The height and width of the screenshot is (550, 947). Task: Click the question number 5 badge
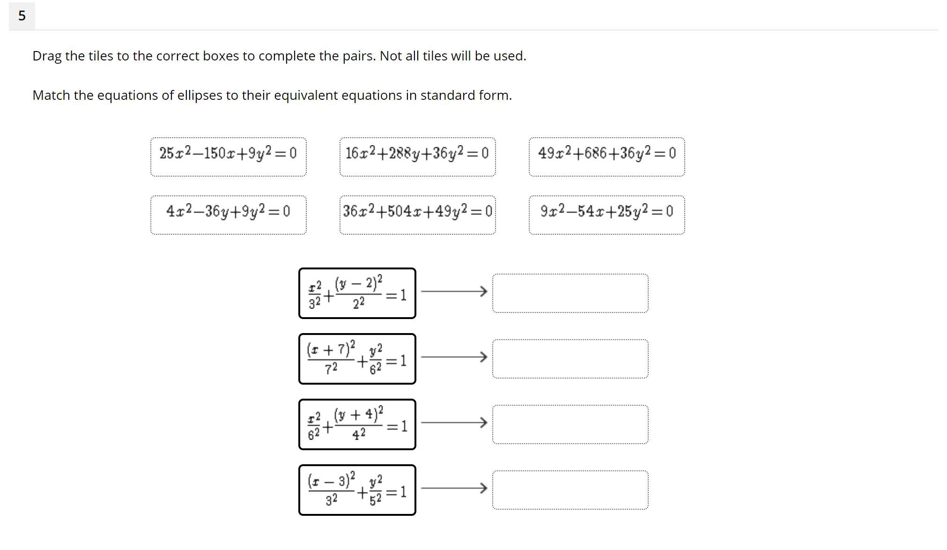[22, 15]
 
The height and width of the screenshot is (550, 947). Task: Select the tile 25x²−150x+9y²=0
[229, 157]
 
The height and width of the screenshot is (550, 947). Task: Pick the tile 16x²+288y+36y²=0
[418, 157]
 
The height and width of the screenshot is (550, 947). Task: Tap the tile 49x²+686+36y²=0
[607, 157]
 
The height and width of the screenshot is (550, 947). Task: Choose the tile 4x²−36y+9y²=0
[229, 215]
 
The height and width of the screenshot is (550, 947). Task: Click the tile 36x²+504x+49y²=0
[418, 215]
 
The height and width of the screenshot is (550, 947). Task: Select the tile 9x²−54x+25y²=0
[607, 215]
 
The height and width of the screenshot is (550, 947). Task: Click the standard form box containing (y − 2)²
[357, 293]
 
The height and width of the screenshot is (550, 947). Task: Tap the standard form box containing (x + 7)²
[357, 359]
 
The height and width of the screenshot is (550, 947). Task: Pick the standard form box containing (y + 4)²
[357, 424]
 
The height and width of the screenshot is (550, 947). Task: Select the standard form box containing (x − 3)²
[357, 490]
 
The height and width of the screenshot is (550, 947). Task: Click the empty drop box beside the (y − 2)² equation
[570, 293]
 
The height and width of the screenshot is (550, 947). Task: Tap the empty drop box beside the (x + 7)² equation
[570, 359]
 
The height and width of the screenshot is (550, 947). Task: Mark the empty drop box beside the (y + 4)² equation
[570, 424]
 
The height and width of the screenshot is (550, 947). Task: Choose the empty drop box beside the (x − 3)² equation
[570, 490]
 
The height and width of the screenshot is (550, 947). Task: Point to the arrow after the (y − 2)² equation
[454, 291]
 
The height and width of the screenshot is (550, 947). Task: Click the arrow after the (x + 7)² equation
[454, 357]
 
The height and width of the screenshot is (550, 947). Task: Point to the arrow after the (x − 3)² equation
[454, 488]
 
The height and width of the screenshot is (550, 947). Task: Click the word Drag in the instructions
[47, 56]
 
